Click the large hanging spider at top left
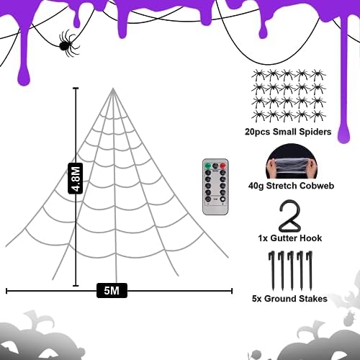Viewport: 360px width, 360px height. pyautogui.click(x=66, y=43)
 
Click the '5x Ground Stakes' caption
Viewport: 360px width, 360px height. pyautogui.click(x=289, y=298)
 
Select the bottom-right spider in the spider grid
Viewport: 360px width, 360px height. pyautogui.click(x=318, y=115)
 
